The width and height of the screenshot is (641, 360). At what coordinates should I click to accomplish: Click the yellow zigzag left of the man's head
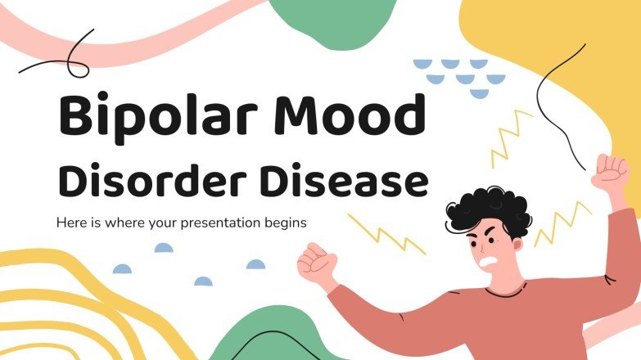(x=385, y=232)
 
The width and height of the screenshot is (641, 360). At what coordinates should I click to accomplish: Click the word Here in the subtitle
(x=70, y=222)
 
